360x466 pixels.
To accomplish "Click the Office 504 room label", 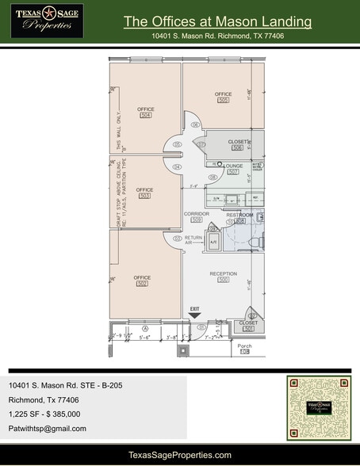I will (x=145, y=112).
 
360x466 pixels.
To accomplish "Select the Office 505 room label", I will (x=223, y=97).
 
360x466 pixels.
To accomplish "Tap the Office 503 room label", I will (x=144, y=193).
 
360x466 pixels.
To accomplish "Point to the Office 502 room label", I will (x=143, y=280).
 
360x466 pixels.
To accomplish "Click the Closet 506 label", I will (x=236, y=144).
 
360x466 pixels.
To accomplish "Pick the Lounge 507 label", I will (x=232, y=169).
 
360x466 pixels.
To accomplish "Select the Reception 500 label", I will (x=223, y=277).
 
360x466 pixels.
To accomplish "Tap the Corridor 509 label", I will (x=196, y=216).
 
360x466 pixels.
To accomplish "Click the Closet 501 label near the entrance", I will (x=247, y=326).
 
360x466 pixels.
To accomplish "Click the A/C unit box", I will (x=213, y=244).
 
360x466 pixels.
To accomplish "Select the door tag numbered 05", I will (x=178, y=144).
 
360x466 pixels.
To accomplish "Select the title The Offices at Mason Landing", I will (x=217, y=21).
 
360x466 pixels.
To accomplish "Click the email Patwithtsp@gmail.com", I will (x=48, y=428).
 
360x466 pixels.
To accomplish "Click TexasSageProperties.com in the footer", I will (x=180, y=454).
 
